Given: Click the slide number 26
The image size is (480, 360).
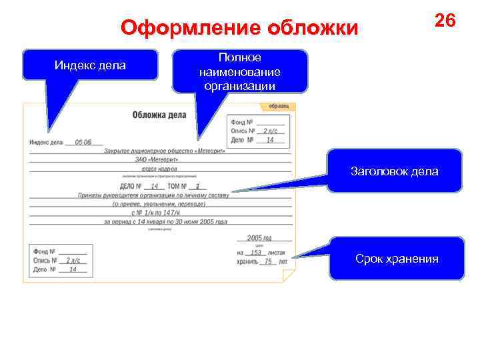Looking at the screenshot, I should pyautogui.click(x=445, y=20).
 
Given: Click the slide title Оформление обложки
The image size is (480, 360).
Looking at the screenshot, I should pyautogui.click(x=239, y=28).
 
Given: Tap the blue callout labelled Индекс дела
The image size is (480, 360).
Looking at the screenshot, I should pyautogui.click(x=90, y=65).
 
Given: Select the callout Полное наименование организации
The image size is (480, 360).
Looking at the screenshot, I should pyautogui.click(x=240, y=71).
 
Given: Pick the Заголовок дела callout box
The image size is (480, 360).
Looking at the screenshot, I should pyautogui.click(x=395, y=171).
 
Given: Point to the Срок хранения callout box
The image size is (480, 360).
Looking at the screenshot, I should pyautogui.click(x=397, y=258).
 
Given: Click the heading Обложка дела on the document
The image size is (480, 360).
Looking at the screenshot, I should pyautogui.click(x=159, y=115).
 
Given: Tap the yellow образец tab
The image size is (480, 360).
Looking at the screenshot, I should pyautogui.click(x=279, y=107).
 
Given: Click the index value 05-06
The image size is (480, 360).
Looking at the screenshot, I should pyautogui.click(x=83, y=142).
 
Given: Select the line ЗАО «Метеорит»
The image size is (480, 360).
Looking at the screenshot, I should pyautogui.click(x=164, y=160).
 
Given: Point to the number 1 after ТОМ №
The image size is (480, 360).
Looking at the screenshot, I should pyautogui.click(x=197, y=187).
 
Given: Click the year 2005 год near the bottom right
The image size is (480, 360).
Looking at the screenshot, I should pyautogui.click(x=259, y=237).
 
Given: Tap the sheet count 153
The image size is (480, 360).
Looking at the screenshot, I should pyautogui.click(x=256, y=253).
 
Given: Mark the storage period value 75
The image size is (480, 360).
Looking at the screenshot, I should pyautogui.click(x=268, y=262).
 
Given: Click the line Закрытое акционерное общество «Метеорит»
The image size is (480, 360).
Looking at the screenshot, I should pyautogui.click(x=165, y=151).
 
